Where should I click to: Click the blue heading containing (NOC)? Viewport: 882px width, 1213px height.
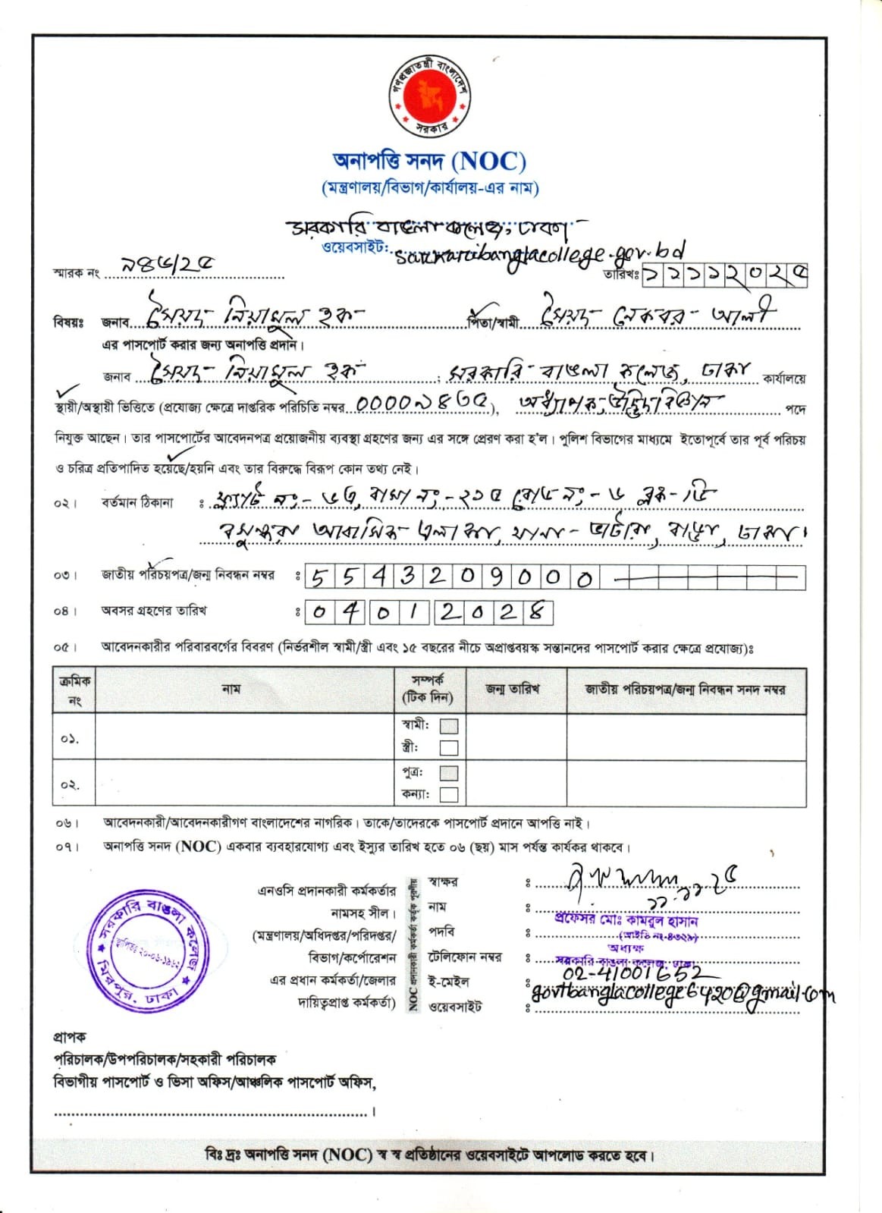click(429, 162)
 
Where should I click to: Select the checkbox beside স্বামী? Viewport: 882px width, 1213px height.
click(449, 726)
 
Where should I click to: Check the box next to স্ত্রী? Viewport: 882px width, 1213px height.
click(449, 748)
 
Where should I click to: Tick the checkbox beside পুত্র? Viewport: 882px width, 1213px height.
click(449, 773)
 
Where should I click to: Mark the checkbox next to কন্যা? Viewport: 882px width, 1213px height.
click(449, 794)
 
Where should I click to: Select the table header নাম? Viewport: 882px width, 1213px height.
click(231, 689)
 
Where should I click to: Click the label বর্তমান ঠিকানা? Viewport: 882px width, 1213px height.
click(137, 502)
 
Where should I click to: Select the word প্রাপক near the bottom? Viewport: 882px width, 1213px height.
click(70, 1036)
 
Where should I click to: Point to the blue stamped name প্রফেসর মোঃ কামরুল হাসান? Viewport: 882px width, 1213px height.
click(626, 920)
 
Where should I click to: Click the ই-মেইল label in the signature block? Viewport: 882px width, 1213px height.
click(448, 982)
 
